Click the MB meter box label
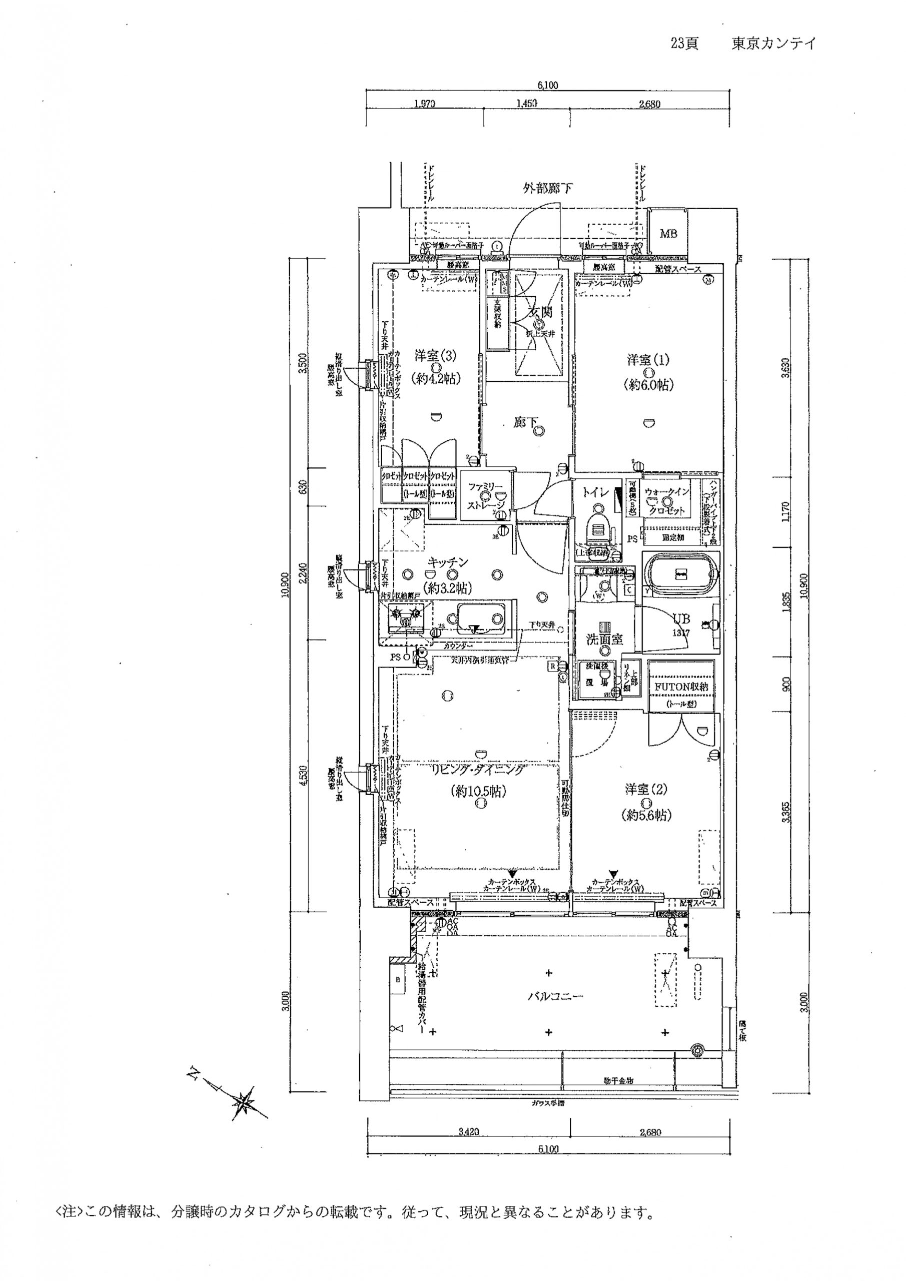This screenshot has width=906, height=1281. pyautogui.click(x=668, y=233)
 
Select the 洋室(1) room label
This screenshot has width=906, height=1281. pyautogui.click(x=647, y=360)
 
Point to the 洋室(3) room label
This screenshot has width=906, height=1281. pyautogui.click(x=435, y=355)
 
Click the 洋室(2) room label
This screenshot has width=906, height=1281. pyautogui.click(x=645, y=790)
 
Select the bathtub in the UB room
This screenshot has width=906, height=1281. pyautogui.click(x=680, y=573)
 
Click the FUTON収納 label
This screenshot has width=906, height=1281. pyautogui.click(x=680, y=687)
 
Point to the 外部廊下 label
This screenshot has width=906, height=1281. pyautogui.click(x=547, y=189)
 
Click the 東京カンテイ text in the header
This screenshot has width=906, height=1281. pyautogui.click(x=773, y=45)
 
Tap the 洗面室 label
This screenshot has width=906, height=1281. pyautogui.click(x=604, y=639)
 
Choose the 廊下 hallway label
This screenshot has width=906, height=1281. pyautogui.click(x=522, y=423)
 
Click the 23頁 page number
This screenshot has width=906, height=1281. pyautogui.click(x=684, y=45)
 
